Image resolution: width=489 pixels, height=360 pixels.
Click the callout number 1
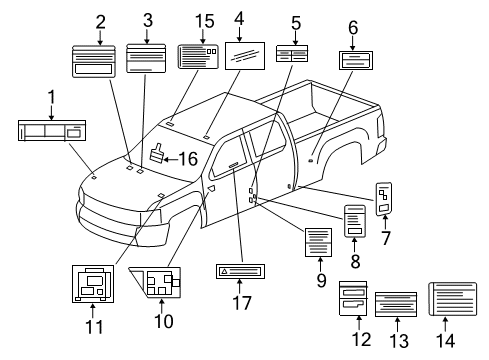click(x=50, y=97)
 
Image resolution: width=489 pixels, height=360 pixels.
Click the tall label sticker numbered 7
click(x=385, y=198)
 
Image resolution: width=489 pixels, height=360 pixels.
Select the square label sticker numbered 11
click(x=92, y=282)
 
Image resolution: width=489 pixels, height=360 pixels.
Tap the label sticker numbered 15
click(x=198, y=57)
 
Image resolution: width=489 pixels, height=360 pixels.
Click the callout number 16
click(x=187, y=158)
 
